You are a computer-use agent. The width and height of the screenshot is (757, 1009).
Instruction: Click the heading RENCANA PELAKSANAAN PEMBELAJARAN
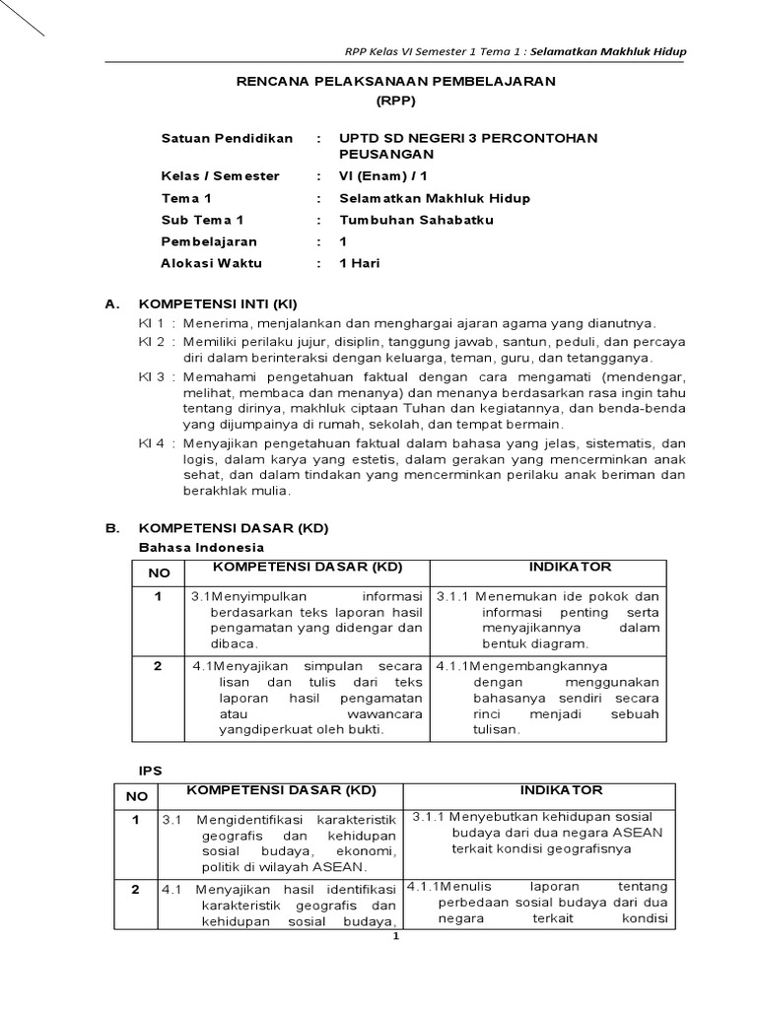pos(395,81)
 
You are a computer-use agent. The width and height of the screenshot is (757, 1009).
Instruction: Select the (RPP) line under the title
pos(395,101)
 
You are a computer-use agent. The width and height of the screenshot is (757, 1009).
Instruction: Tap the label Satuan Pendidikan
pos(227,138)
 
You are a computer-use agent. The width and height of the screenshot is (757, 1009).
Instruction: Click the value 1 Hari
pos(360,263)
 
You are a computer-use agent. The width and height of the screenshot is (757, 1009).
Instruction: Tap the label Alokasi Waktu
pos(211,263)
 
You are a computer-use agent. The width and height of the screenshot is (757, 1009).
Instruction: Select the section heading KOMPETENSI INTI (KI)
pos(218,304)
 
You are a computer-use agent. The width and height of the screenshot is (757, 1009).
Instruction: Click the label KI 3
pos(152,376)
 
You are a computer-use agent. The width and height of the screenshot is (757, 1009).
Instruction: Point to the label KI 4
pos(152,443)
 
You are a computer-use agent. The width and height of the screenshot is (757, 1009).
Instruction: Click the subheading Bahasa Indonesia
pos(201,547)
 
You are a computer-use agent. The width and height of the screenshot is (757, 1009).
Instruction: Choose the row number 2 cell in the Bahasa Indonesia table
pos(158,666)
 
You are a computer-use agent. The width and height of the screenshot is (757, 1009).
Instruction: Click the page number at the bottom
pos(395,937)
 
